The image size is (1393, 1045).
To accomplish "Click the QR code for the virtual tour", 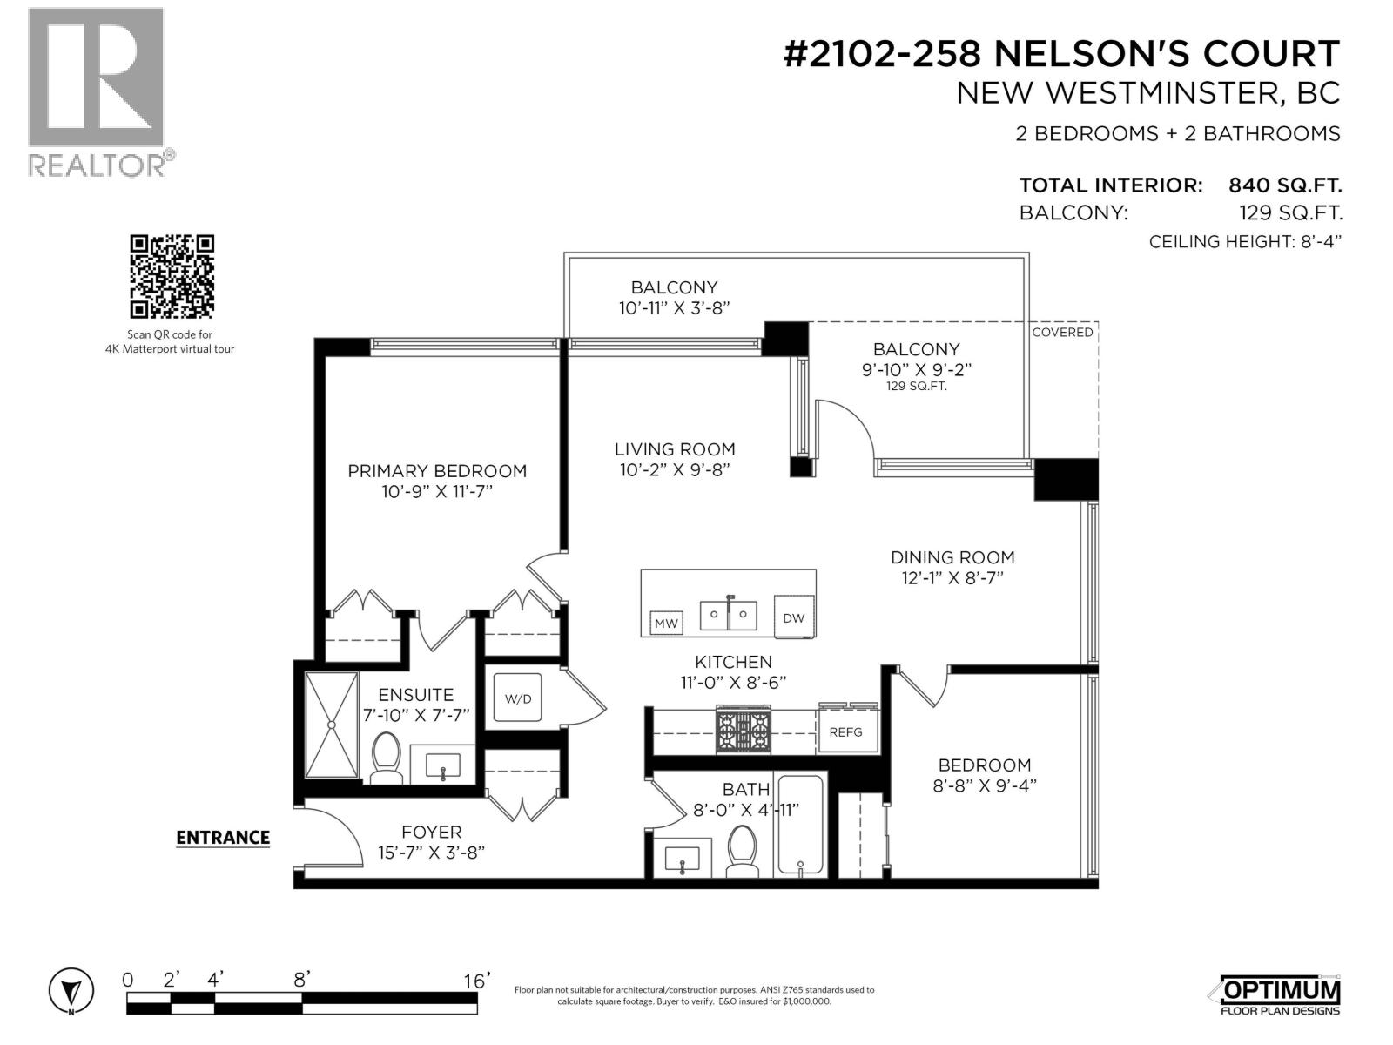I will click(172, 276).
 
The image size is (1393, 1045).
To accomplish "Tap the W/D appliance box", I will click(518, 698).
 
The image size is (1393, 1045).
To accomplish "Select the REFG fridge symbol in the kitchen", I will click(845, 731).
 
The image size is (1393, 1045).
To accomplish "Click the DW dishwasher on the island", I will click(793, 617).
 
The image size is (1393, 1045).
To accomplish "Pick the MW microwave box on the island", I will click(666, 623).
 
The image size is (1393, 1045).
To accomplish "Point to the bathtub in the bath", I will click(800, 825).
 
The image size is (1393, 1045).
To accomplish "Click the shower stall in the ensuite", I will click(332, 725).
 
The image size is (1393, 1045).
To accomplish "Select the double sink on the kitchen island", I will click(728, 614).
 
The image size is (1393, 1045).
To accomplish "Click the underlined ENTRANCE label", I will click(223, 838).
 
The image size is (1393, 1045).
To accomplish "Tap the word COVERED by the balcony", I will click(1062, 333).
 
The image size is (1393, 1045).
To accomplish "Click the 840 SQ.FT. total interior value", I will click(1284, 185).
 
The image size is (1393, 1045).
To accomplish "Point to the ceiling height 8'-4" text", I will click(1245, 242).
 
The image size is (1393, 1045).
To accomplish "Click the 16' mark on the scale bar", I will click(477, 981).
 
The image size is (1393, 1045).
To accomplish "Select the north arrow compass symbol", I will click(71, 991).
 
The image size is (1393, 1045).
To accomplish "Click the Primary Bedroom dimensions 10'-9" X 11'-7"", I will click(437, 492).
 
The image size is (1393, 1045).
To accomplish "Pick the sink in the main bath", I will click(682, 858).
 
